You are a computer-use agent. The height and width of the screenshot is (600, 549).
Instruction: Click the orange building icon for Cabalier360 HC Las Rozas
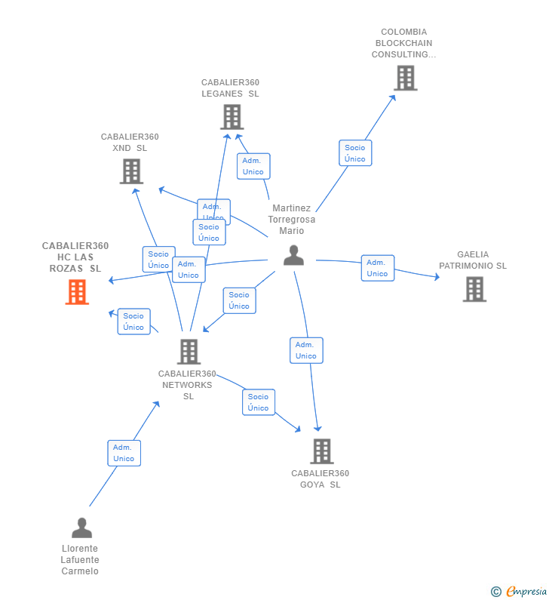77,292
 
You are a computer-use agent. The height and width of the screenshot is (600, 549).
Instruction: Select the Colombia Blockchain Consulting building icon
405,78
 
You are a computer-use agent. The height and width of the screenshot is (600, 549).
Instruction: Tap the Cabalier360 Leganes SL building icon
232,117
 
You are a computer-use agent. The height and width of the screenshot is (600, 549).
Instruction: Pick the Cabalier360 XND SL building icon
131,171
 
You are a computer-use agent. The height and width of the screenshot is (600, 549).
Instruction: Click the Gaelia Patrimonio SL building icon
474,289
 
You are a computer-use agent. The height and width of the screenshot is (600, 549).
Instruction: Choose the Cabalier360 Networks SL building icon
189,352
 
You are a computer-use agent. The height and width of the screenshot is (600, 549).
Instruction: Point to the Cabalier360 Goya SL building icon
322,451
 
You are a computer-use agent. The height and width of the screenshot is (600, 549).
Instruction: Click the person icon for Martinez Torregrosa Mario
293,256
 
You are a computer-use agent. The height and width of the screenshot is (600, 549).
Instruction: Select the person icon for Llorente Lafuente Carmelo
81,528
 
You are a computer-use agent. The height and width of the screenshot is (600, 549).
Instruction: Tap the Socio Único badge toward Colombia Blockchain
354,153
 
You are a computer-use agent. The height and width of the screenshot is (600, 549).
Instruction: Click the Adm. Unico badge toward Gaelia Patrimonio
377,268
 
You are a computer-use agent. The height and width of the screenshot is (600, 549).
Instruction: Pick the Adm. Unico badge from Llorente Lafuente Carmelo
124,453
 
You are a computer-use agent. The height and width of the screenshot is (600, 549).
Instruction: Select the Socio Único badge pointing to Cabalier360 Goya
258,402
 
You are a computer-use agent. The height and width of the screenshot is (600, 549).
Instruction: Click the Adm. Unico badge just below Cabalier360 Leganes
253,166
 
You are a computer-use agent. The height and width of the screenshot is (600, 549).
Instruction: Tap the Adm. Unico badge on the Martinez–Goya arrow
306,350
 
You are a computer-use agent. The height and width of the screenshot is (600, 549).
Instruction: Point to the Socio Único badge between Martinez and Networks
239,300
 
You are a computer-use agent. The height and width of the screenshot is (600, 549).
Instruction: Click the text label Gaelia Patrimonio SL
473,260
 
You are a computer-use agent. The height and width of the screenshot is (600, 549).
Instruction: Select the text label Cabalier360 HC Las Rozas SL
75,257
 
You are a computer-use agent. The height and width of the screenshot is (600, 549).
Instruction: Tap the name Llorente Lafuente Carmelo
80,560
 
